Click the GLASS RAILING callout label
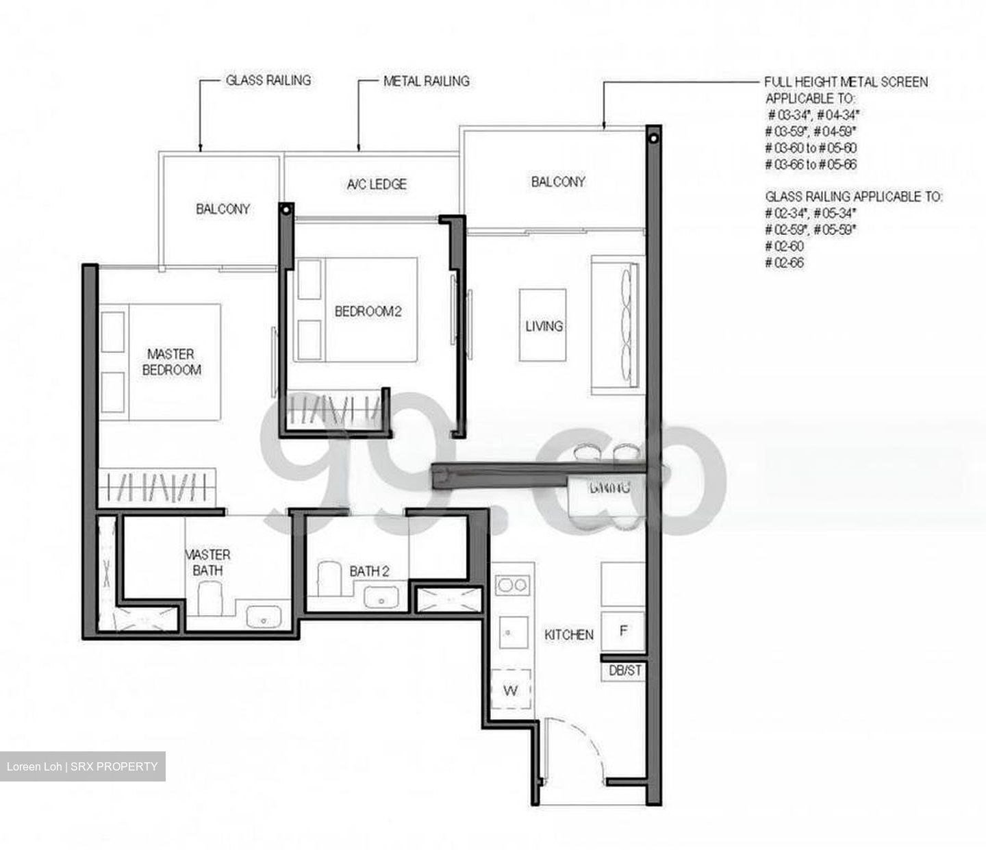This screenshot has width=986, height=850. click(268, 80)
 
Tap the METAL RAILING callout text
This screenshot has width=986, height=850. click(426, 81)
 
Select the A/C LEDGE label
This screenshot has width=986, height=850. click(376, 184)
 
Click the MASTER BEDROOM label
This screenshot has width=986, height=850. click(171, 362)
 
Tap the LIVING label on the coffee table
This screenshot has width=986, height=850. click(544, 326)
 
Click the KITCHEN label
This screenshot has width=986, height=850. click(568, 635)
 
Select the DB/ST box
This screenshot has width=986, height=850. click(624, 671)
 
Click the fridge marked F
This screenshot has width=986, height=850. click(623, 631)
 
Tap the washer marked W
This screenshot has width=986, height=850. click(511, 691)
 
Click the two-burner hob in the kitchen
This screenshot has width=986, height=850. click(512, 585)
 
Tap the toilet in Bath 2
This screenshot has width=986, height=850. click(329, 579)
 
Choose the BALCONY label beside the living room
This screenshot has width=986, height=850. click(558, 182)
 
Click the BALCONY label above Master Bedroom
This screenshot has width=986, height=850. click(223, 209)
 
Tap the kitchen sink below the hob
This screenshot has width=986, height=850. click(512, 631)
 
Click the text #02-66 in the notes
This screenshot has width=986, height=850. click(785, 262)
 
